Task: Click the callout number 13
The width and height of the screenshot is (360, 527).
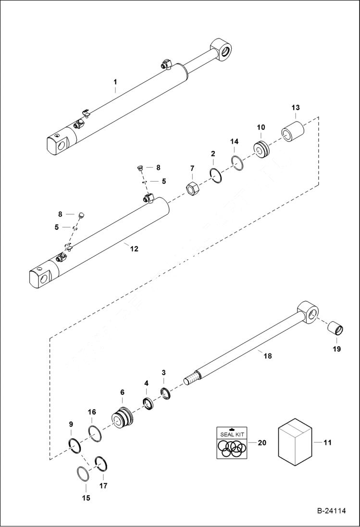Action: tap(295, 107)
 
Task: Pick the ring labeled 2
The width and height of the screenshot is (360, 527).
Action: tap(216, 175)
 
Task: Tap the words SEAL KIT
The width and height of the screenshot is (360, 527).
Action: tap(232, 434)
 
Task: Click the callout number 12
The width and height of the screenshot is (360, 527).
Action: tap(134, 249)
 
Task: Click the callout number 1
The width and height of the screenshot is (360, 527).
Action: tap(115, 82)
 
